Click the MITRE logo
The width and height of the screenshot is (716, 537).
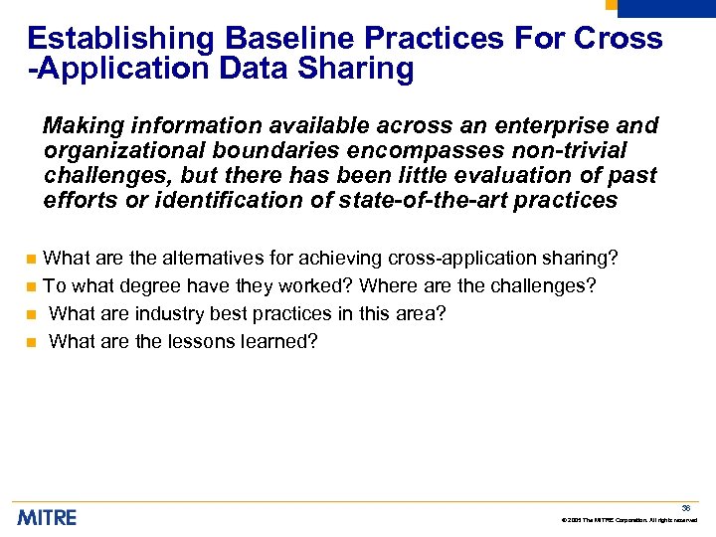pyautogui.click(x=47, y=517)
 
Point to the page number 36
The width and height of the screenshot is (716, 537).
pyautogui.click(x=686, y=508)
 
